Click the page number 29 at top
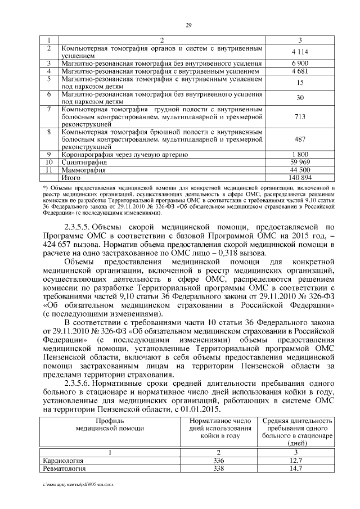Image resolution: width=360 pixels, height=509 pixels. pos(188,24)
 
